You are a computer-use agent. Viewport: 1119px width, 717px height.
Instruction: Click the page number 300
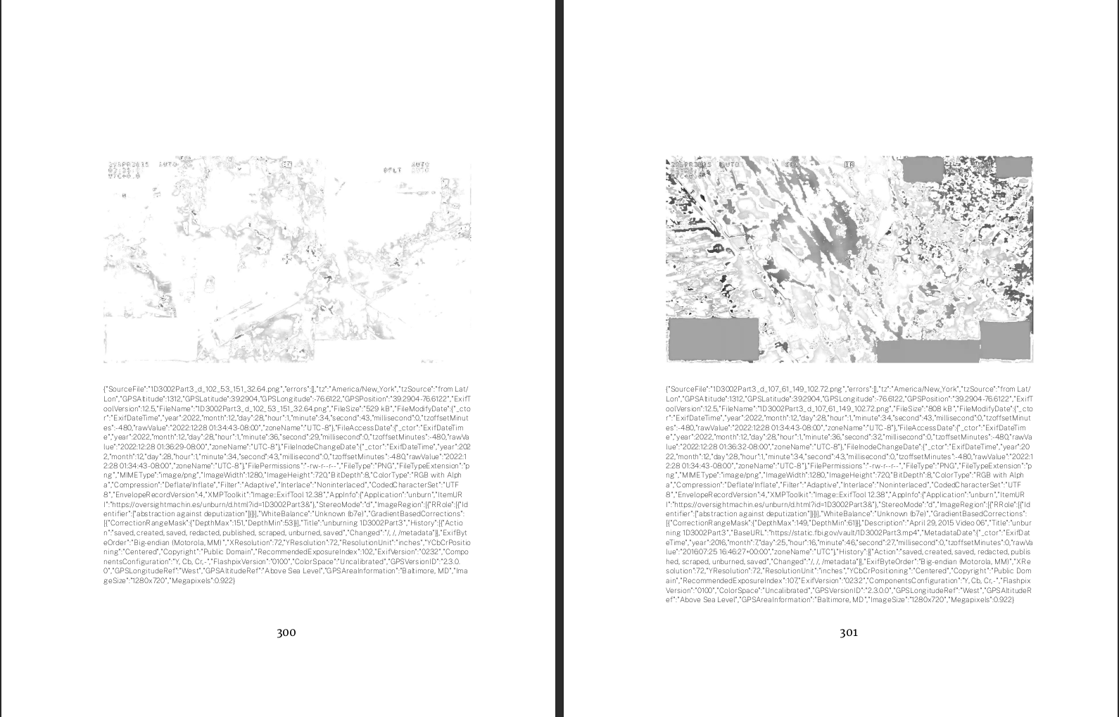pyautogui.click(x=286, y=632)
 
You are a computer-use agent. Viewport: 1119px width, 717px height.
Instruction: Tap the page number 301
pyautogui.click(x=849, y=632)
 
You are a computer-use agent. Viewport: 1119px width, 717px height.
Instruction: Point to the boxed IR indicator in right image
pyautogui.click(x=849, y=165)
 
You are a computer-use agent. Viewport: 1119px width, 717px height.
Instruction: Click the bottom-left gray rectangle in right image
pyautogui.click(x=712, y=338)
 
